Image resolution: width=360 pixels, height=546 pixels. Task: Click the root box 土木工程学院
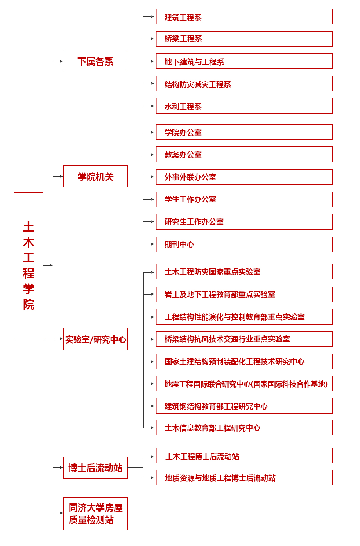29,265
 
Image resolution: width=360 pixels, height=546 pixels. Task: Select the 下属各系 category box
95,61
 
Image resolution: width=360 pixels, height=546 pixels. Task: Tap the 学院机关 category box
95,176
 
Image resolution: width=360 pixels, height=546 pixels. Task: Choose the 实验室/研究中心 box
95,339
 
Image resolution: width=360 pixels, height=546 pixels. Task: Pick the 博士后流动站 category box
95,468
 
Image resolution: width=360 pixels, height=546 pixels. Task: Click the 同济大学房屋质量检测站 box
95,514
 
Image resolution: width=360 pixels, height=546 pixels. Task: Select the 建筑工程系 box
244,16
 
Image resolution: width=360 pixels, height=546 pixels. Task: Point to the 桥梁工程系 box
244,39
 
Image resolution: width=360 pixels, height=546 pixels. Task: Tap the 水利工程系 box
244,106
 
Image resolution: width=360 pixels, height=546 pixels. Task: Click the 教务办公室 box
244,154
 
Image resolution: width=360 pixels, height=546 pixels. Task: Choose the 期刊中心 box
244,244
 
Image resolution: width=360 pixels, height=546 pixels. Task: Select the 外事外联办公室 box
244,177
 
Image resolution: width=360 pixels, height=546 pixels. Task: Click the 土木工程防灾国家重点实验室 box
244,271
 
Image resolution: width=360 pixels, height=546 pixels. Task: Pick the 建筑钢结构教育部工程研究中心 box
244,406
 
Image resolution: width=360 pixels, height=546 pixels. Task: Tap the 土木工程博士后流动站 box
244,455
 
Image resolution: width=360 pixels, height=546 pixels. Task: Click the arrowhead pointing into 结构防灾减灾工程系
152,84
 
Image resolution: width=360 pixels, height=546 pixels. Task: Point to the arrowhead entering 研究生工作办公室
152,222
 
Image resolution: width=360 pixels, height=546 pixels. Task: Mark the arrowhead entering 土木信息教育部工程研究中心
152,428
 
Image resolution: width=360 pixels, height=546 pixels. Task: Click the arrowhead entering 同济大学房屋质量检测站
61,513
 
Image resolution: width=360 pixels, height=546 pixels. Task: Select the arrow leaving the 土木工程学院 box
48,265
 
